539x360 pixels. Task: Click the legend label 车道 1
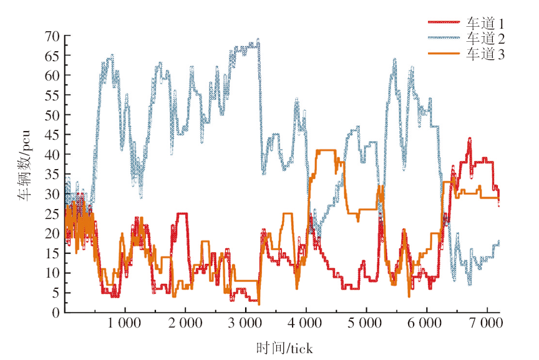[x=485, y=23]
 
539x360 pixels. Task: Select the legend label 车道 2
[x=485, y=39]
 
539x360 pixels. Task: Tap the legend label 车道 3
[x=485, y=54]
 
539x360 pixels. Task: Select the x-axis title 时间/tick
[x=284, y=347]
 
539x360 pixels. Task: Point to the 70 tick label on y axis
[x=52, y=36]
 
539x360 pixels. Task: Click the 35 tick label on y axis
[x=52, y=174]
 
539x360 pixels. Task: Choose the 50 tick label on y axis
[x=52, y=115]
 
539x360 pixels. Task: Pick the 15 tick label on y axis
[x=52, y=253]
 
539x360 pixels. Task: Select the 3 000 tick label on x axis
[x=246, y=325]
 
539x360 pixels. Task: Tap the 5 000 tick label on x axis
[x=366, y=325]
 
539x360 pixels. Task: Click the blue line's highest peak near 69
[x=258, y=41]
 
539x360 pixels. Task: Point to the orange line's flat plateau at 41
[x=326, y=150]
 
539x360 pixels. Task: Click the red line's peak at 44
[x=470, y=139]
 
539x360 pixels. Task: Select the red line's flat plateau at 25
[x=182, y=213]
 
